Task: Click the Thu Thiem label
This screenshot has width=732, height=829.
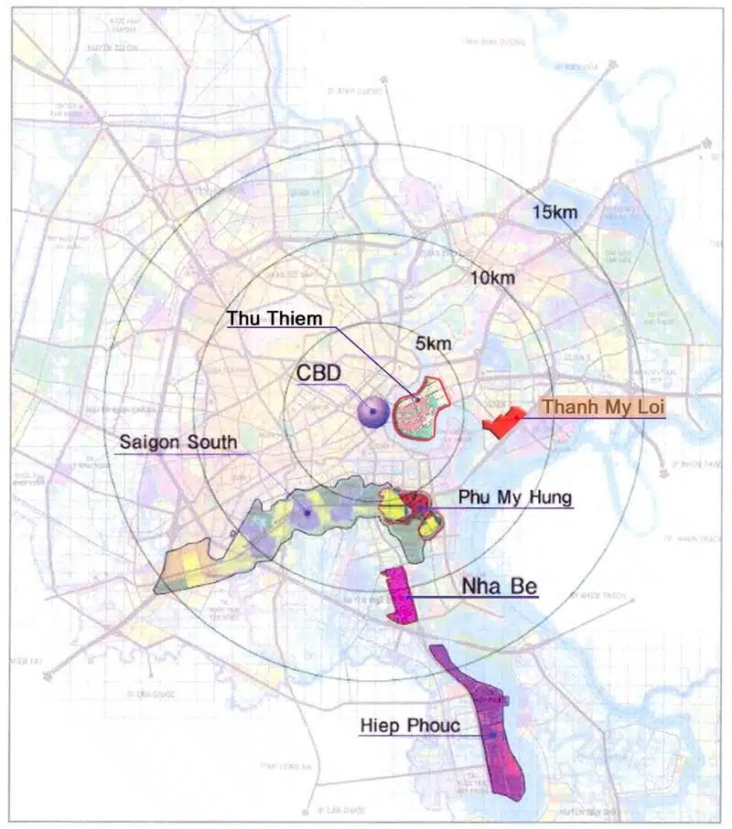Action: tap(274, 318)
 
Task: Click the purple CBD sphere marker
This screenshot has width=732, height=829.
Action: tap(372, 413)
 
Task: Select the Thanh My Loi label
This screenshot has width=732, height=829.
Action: tap(602, 407)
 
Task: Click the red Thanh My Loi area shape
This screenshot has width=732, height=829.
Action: tap(501, 423)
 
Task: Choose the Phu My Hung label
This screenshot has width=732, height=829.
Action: tap(516, 498)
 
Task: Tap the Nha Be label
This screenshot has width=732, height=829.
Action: tap(500, 586)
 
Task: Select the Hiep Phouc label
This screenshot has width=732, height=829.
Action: tap(410, 726)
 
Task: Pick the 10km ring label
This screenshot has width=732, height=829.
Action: tap(492, 278)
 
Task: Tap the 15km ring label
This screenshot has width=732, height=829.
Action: tap(554, 212)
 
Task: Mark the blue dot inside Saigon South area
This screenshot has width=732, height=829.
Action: tap(307, 514)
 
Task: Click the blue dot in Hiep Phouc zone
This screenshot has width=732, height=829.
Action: tap(492, 734)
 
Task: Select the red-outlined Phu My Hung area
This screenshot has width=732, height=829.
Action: tap(412, 507)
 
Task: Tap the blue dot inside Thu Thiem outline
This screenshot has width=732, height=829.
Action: tap(417, 399)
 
